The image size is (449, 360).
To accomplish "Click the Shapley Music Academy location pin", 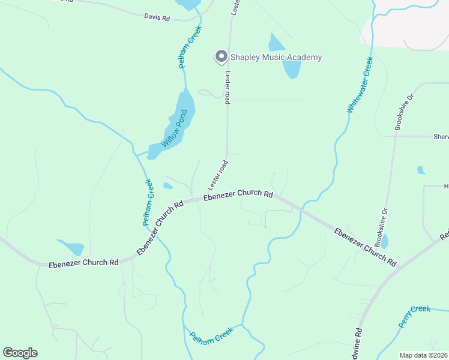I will pyautogui.click(x=221, y=56).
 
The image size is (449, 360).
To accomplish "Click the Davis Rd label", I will pyautogui.click(x=157, y=18).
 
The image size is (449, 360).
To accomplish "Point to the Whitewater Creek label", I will pyautogui.click(x=360, y=85).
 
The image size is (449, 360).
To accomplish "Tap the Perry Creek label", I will pyautogui.click(x=415, y=317).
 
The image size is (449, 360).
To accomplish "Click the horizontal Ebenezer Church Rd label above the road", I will pyautogui.click(x=238, y=195).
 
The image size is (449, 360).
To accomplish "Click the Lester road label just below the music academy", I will pyautogui.click(x=228, y=88).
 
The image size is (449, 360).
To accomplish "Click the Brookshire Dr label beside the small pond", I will pyautogui.click(x=379, y=227).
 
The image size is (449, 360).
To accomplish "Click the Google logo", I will pyautogui.click(x=20, y=353).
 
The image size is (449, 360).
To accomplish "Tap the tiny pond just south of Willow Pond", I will pyautogui.click(x=169, y=186).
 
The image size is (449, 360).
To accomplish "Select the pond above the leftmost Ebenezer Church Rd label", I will pyautogui.click(x=71, y=247).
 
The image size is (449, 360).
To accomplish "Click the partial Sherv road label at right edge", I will pyautogui.click(x=441, y=137).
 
